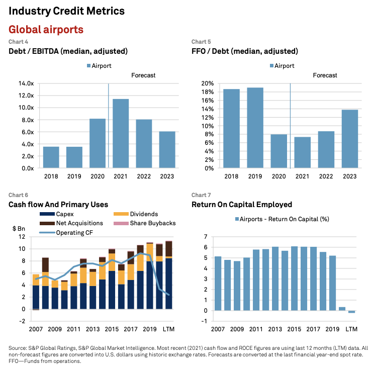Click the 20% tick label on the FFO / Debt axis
point(207,83)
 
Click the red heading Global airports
point(46,30)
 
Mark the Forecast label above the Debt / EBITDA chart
point(143,75)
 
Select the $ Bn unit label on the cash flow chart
point(19,229)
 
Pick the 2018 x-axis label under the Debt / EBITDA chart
point(51,176)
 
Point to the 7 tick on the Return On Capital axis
point(206,236)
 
